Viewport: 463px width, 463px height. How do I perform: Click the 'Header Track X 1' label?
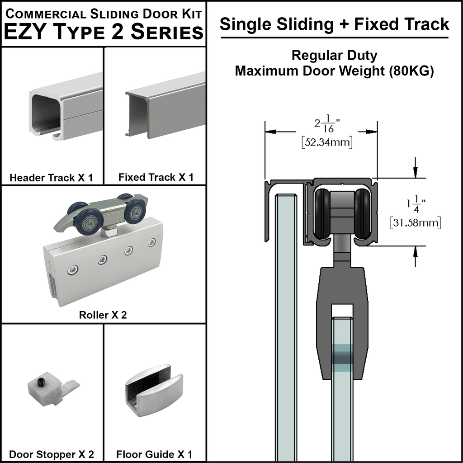(x=51, y=178)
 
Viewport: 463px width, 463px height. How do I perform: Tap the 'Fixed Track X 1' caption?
(x=156, y=177)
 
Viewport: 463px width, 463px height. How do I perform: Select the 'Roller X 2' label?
(x=103, y=315)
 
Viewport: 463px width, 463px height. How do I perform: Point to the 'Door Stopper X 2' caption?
(x=52, y=454)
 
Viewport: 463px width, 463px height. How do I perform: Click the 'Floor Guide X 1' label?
(x=154, y=454)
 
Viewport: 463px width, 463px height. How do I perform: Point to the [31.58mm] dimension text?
(x=415, y=222)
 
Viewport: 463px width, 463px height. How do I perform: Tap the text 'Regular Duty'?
(x=334, y=56)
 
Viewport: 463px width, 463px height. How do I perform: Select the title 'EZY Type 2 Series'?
(x=104, y=32)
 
